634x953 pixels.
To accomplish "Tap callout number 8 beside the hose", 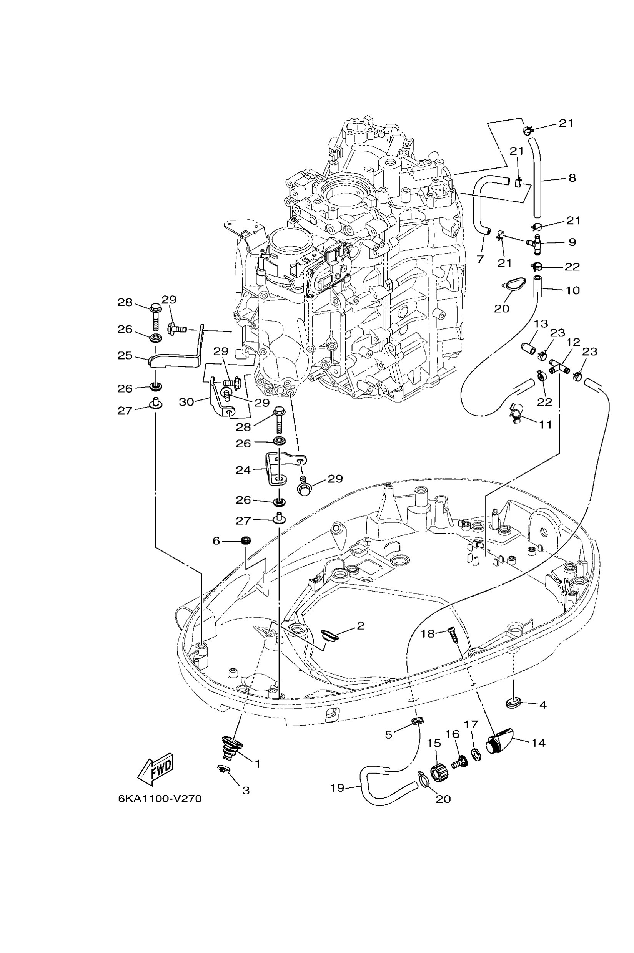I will tap(572, 178).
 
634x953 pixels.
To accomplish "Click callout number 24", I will tap(243, 470).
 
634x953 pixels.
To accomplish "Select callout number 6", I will tap(216, 540).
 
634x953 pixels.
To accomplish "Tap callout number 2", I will tap(360, 625).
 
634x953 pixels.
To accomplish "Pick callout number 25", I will tap(125, 356).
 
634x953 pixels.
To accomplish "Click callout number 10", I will tap(572, 290).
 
